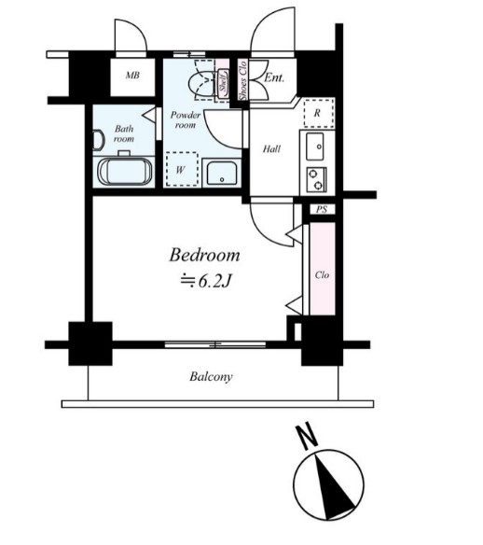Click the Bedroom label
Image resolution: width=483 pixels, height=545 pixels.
pos(204,255)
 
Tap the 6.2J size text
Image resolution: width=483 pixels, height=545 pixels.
pos(205,281)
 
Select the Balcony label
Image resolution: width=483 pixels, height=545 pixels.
pos(211,377)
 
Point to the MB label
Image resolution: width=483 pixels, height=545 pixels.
pos(132,75)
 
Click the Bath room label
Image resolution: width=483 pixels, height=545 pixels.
pos(124,133)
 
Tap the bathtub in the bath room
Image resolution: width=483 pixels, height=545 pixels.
pos(125,172)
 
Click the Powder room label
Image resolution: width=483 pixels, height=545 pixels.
pos(186,119)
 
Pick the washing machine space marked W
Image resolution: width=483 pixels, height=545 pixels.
pos(182,169)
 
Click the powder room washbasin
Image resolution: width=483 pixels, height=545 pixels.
pos(222,174)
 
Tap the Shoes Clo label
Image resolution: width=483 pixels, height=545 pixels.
pos(242,80)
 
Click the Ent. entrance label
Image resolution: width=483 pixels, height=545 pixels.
pos(274,77)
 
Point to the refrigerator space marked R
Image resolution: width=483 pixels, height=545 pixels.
pos(318,113)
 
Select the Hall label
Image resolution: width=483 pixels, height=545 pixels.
pos(271,149)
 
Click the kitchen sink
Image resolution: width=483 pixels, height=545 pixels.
pos(315,147)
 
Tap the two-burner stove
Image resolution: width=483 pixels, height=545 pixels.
pos(316,179)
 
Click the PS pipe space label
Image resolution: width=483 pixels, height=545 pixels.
pos(322,210)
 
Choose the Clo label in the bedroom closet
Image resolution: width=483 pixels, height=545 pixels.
pos(322,275)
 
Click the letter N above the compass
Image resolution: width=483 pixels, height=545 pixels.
pos(307,437)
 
